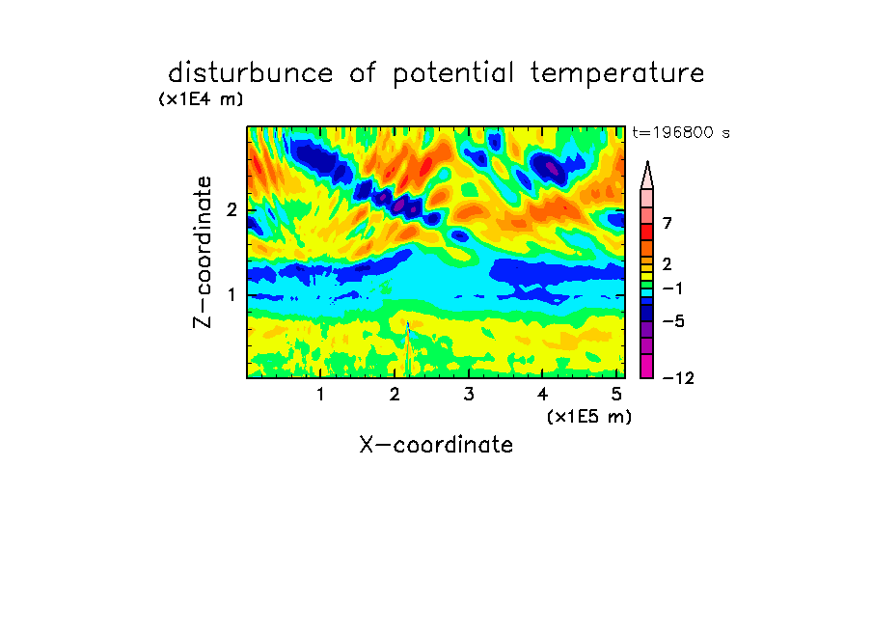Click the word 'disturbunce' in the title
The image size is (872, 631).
(251, 72)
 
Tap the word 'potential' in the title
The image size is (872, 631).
(453, 73)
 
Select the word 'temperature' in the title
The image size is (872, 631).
(617, 73)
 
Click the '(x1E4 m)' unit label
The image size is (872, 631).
(201, 99)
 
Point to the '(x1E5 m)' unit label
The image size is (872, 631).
(589, 416)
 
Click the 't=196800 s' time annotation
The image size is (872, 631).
(681, 133)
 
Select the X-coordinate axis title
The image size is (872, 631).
(436, 445)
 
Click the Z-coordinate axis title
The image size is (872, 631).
(203, 252)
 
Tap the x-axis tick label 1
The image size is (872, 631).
(320, 394)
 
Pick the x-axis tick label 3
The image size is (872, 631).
(469, 394)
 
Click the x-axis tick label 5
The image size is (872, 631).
(616, 394)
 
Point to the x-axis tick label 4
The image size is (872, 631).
(543, 394)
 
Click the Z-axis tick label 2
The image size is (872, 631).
(232, 209)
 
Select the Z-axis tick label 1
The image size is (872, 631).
(232, 294)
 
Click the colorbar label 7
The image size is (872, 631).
(668, 223)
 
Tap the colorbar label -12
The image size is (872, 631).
(678, 378)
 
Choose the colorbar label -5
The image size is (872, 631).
(673, 321)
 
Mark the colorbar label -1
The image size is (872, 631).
(672, 288)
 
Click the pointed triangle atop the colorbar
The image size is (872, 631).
(647, 175)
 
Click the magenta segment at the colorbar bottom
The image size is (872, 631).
(647, 366)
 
